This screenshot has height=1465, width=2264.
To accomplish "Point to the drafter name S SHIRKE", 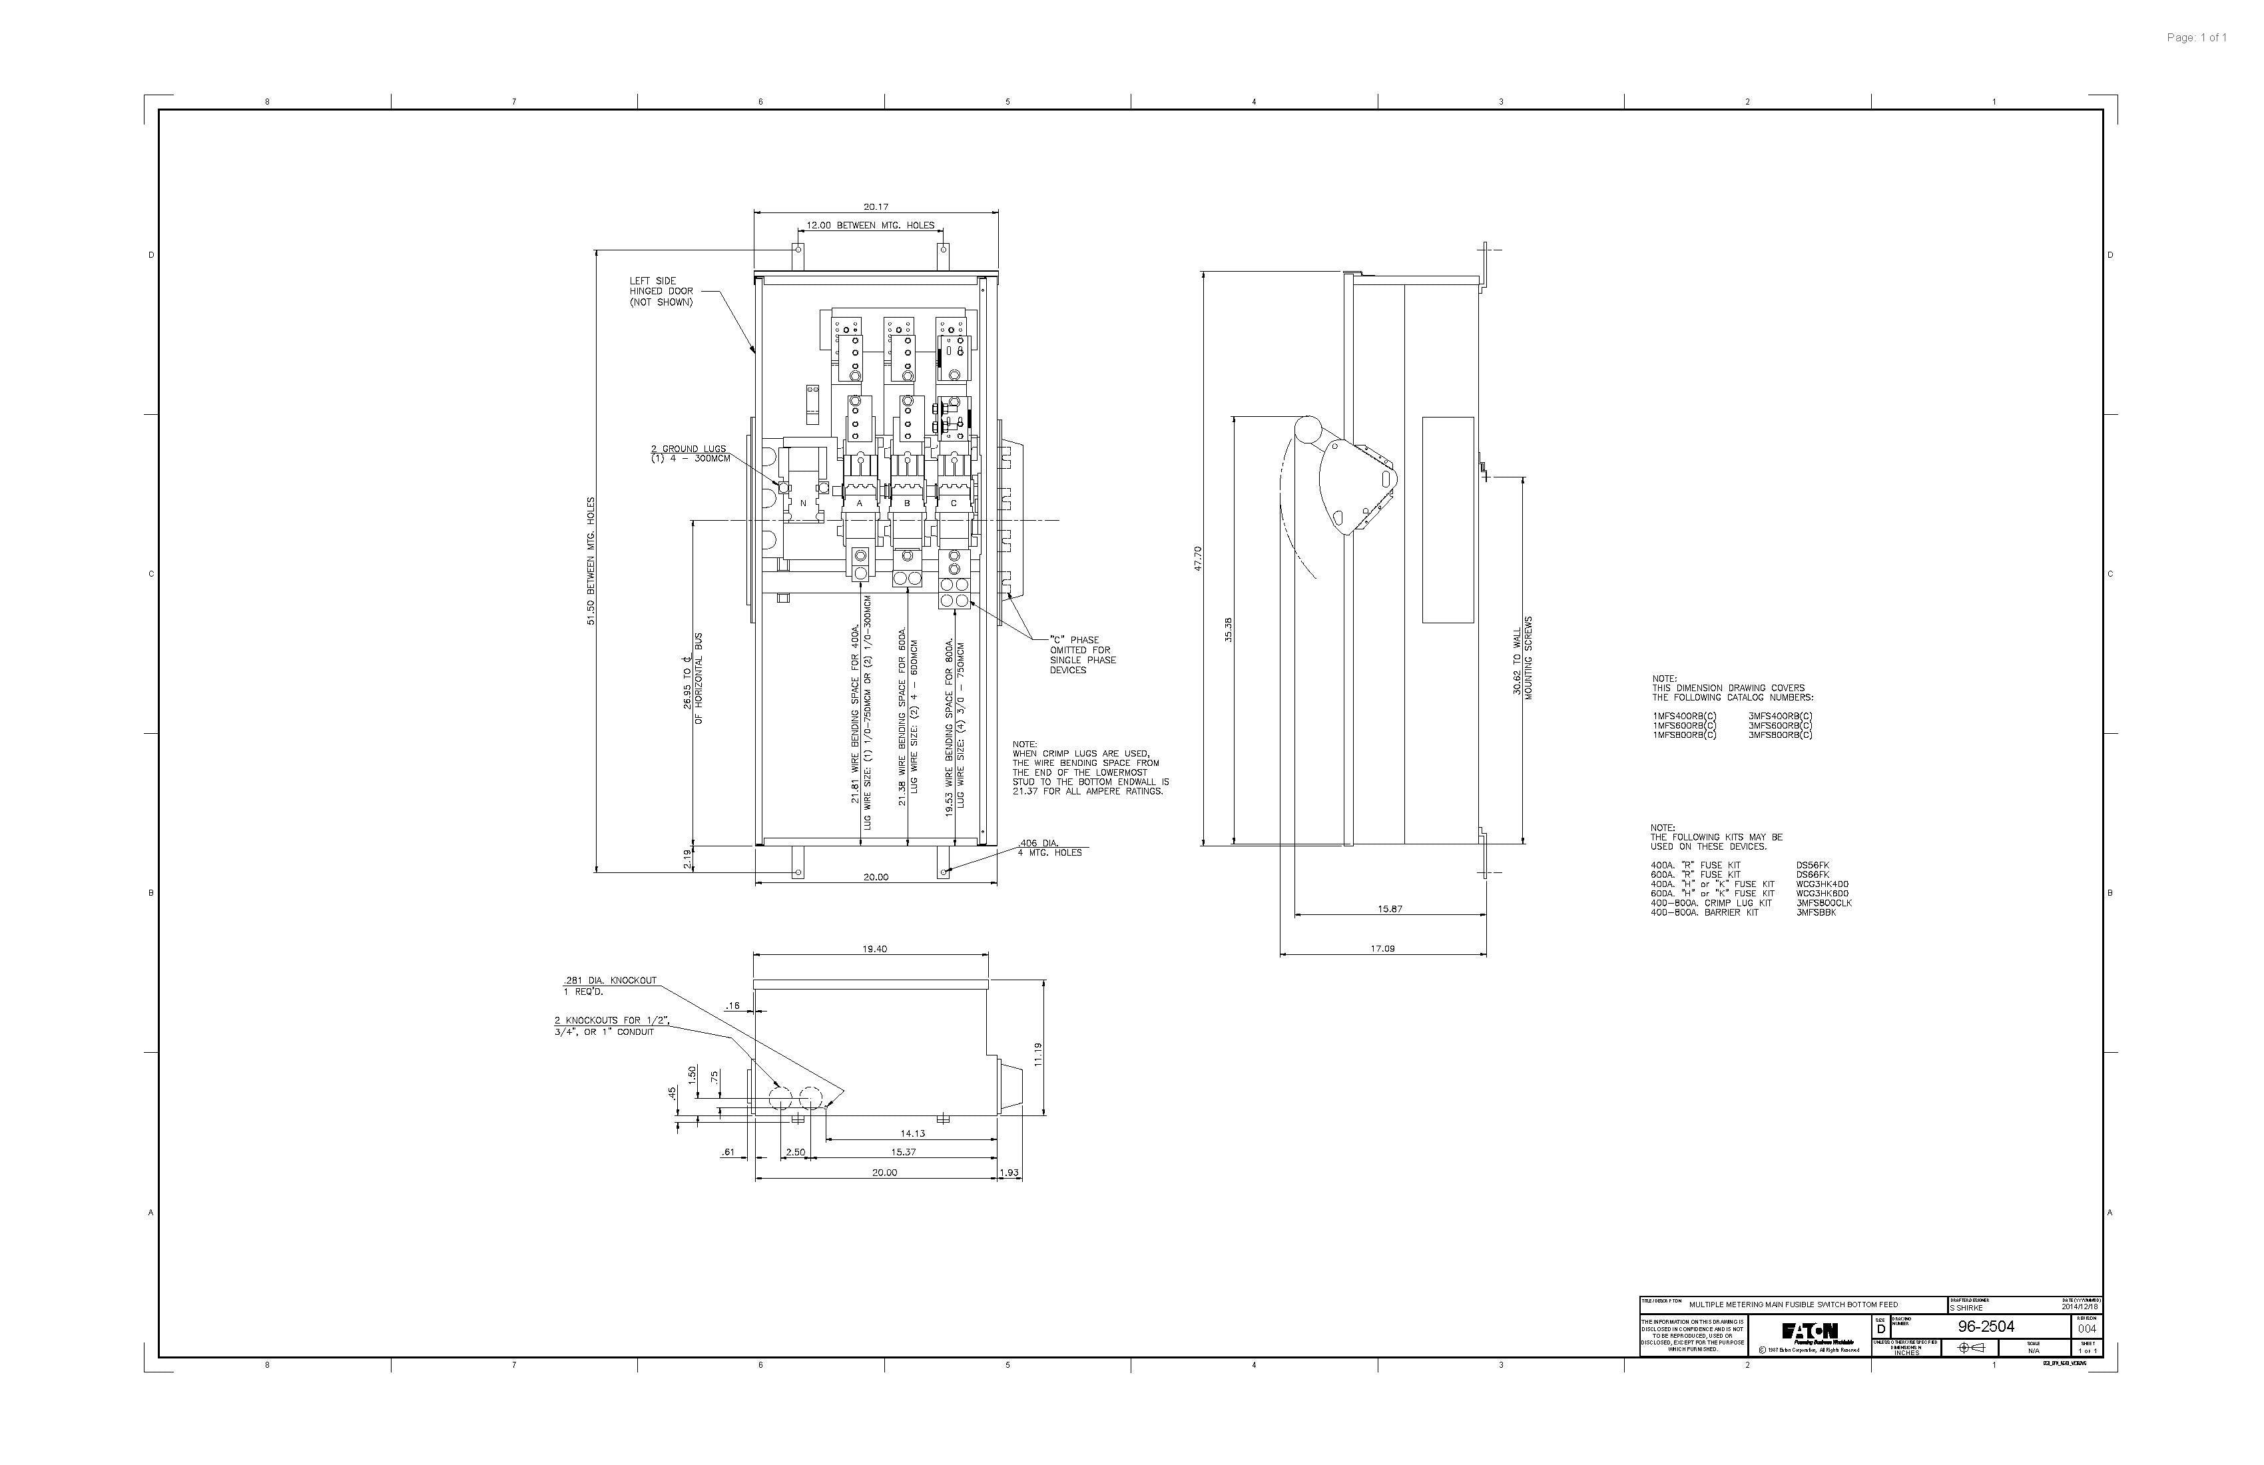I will pyautogui.click(x=1967, y=1308).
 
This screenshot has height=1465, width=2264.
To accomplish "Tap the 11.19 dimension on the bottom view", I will pyautogui.click(x=1039, y=1054).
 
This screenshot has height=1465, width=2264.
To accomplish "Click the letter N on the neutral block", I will pyautogui.click(x=803, y=502).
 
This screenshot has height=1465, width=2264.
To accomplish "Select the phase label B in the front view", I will pyautogui.click(x=906, y=502).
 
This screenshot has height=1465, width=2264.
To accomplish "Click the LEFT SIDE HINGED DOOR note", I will pyautogui.click(x=660, y=291).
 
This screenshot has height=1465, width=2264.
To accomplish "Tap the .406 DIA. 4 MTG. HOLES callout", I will pyautogui.click(x=1049, y=848).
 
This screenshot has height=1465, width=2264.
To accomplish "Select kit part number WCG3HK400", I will pyautogui.click(x=1823, y=884).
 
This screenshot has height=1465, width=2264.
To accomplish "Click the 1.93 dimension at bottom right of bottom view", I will pyautogui.click(x=1009, y=1173).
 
